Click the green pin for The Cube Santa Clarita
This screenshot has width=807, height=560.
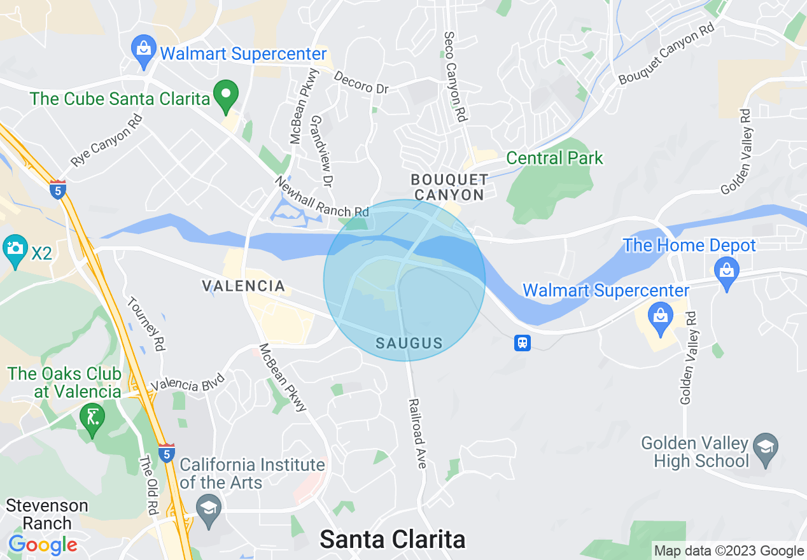click(x=225, y=95)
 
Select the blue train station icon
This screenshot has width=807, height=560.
click(x=523, y=343)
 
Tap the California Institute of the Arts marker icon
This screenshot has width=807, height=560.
click(x=208, y=508)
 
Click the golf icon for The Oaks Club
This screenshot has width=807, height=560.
click(x=93, y=419)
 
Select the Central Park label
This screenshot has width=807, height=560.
click(x=554, y=158)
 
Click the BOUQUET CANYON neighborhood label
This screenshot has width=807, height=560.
click(x=449, y=187)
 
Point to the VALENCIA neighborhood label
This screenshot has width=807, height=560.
click(x=243, y=286)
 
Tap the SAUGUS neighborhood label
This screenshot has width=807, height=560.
click(x=409, y=344)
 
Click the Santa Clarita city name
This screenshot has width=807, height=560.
click(x=392, y=539)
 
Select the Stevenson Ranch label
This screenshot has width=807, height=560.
click(x=47, y=514)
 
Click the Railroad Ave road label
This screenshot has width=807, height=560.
click(x=418, y=433)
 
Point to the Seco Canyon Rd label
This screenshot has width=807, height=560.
click(x=456, y=77)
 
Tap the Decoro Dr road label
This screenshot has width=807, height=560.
click(x=361, y=82)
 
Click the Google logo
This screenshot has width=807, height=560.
click(x=43, y=545)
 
